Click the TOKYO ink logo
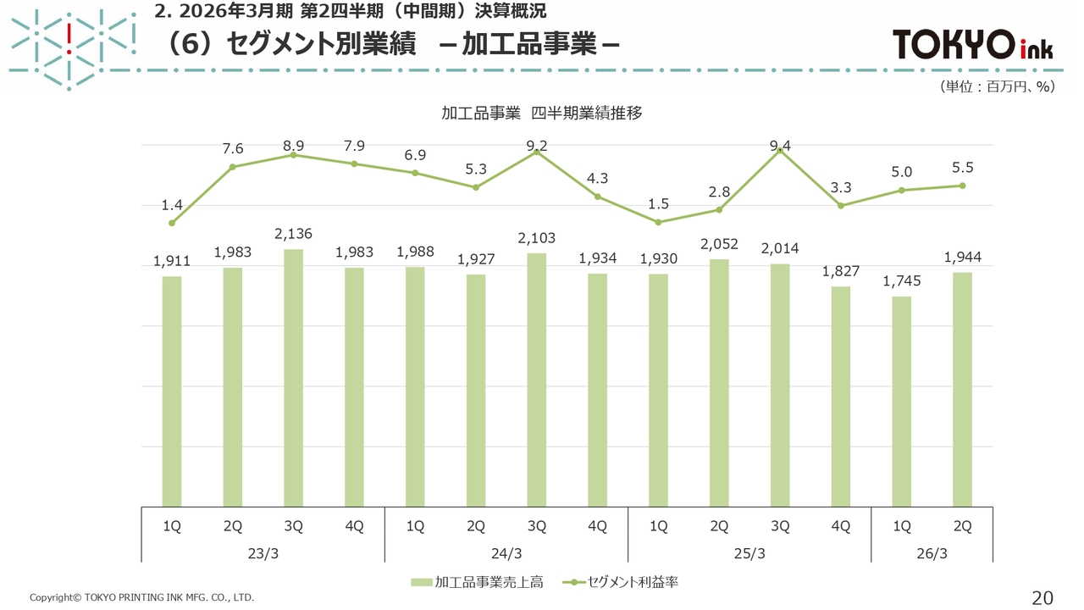(973, 44)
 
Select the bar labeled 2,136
(293, 377)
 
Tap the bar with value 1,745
(902, 401)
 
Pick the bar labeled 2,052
(719, 382)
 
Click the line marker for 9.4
(780, 150)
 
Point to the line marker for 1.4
(172, 223)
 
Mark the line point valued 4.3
(597, 197)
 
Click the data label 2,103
(537, 239)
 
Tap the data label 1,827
(841, 272)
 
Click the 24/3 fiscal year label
(506, 553)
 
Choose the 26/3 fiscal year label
(932, 553)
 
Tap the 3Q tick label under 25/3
(780, 526)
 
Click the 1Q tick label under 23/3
(172, 526)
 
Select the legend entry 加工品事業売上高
(479, 582)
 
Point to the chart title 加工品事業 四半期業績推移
(542, 113)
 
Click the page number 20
(1043, 597)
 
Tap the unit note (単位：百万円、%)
(995, 86)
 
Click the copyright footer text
(141, 597)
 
